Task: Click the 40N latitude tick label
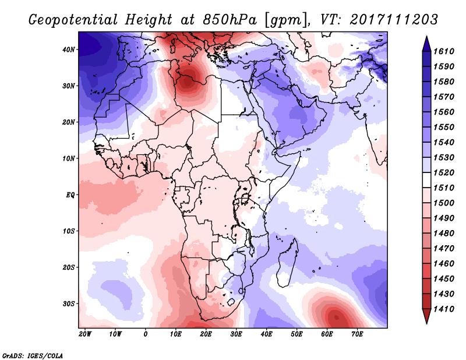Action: click(68, 50)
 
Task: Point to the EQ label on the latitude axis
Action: click(70, 195)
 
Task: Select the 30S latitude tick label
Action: click(68, 303)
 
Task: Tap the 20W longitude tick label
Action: click(84, 334)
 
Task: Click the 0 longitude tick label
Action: click(146, 334)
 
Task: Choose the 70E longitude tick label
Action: click(357, 334)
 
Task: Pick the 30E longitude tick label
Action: click(236, 334)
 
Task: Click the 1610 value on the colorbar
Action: click(447, 51)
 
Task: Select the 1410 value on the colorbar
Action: click(447, 310)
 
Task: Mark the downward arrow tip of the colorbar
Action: click(426, 322)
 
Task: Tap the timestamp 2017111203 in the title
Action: click(394, 19)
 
